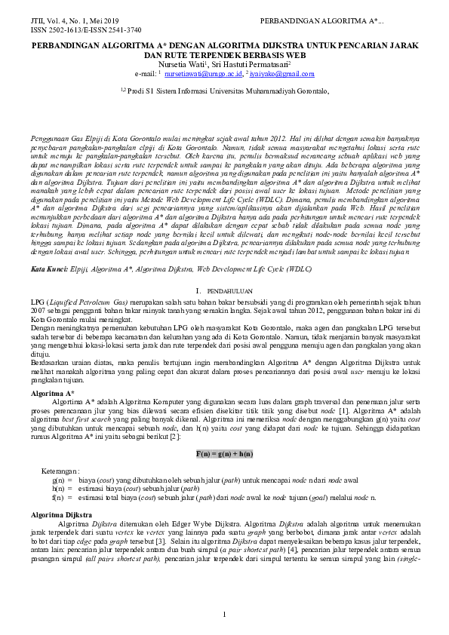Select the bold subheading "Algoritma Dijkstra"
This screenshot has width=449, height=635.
(61, 513)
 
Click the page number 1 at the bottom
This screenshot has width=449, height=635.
(225, 616)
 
